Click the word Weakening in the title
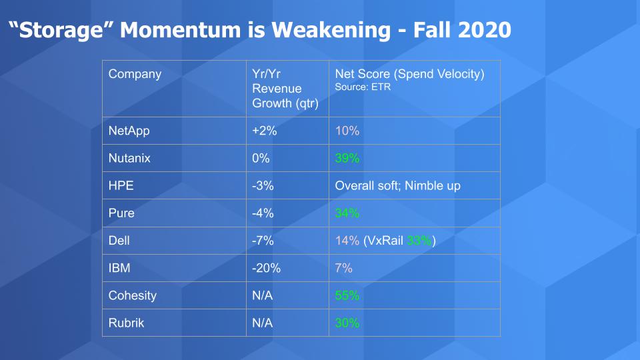331,31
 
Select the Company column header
135,74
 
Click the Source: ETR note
363,87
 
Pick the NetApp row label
129,131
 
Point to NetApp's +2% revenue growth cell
265,131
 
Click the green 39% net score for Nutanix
347,158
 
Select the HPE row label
121,186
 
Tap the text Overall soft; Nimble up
397,186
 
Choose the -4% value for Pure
263,213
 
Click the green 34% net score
347,213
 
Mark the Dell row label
119,241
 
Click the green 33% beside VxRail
419,241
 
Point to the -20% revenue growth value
266,268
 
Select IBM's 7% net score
344,268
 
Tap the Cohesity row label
132,295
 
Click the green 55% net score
347,295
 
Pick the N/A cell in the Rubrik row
262,323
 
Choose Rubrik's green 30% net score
347,323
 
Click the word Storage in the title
61,31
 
